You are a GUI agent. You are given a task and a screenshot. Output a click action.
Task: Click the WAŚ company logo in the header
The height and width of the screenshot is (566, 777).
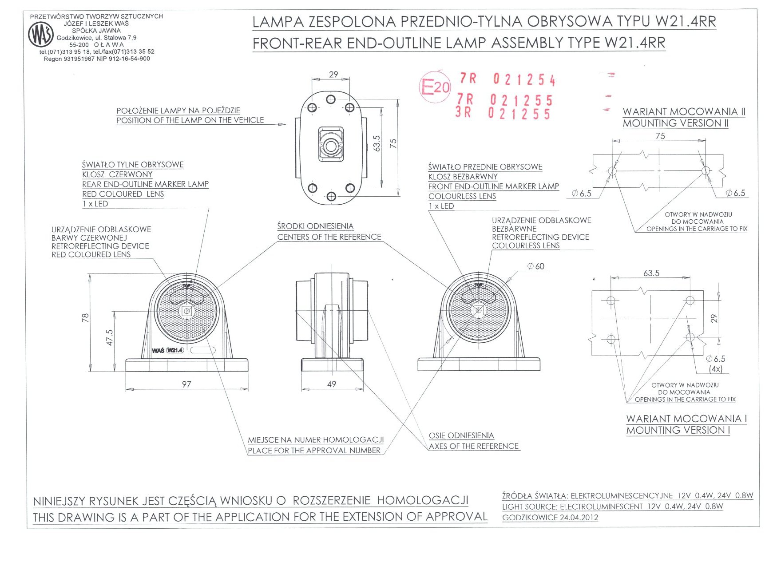41,35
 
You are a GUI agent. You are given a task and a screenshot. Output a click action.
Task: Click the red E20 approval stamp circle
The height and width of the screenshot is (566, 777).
435,87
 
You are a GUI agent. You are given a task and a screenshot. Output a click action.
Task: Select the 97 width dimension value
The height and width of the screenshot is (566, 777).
186,384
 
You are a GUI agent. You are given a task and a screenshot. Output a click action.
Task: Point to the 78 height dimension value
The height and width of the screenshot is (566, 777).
85,318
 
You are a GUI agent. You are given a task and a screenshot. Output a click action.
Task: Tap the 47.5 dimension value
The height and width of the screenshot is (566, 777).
110,337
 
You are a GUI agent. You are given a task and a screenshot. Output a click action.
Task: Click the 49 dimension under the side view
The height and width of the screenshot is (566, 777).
332,384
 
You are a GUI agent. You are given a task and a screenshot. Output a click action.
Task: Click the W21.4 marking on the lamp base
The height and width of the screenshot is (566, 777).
175,350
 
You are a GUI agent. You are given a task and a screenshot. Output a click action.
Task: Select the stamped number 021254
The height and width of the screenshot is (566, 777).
524,80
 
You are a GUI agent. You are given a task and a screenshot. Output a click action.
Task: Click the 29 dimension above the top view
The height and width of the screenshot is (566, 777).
333,75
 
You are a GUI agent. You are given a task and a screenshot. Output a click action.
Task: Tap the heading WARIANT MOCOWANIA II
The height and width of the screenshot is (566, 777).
684,111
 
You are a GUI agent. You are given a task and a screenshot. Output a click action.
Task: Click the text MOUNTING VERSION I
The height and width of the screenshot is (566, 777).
678,430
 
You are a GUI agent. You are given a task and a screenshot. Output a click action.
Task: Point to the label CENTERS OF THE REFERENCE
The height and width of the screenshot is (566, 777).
329,237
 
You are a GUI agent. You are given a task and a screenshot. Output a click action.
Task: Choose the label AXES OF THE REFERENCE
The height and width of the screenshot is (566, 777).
473,446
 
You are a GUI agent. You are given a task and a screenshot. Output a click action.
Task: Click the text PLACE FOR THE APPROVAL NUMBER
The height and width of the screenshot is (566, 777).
314,451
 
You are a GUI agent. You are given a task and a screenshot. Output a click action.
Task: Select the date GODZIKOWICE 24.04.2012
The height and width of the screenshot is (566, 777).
550,518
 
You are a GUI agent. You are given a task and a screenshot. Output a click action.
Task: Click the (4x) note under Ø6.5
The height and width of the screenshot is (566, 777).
715,369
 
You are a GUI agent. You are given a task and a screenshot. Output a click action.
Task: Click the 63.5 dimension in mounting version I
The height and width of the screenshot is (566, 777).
651,273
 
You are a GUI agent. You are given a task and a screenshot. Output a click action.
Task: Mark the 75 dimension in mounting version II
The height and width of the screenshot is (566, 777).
660,136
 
